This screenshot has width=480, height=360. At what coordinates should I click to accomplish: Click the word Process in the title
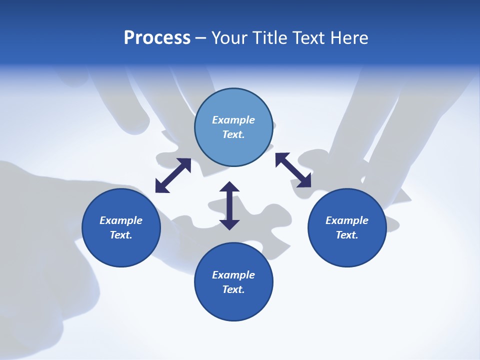coord(157,38)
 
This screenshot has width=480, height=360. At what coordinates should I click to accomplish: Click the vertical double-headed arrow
coord(229,206)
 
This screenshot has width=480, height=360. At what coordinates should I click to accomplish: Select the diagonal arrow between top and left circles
coord(173,175)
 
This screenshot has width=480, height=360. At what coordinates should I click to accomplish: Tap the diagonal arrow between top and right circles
coord(293,170)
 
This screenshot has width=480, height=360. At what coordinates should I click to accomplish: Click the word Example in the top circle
coord(233,120)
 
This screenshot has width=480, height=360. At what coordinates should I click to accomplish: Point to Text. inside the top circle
coord(233,134)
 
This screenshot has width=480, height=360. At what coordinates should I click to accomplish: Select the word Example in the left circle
coord(121,220)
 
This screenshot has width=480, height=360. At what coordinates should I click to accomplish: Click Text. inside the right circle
coord(347,235)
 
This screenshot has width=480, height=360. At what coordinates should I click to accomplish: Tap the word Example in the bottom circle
coord(233,275)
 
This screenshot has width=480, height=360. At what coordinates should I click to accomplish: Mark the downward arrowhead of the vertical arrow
coord(229,224)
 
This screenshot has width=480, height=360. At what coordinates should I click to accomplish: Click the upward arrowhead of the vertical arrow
coord(229,187)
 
